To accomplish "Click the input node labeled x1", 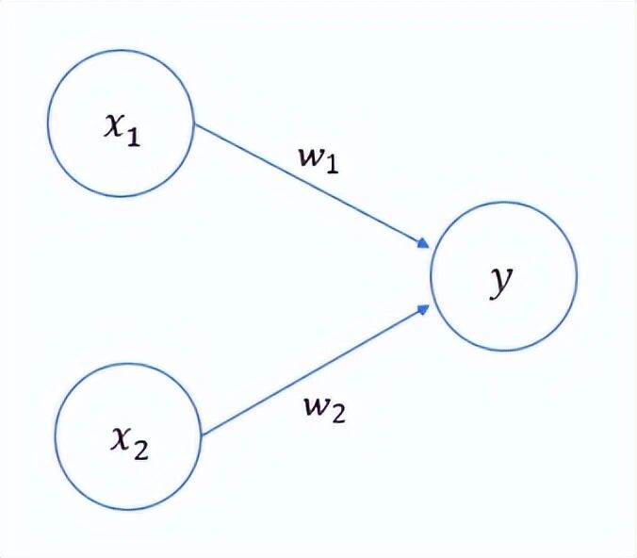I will click(121, 123).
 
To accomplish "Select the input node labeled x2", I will click(129, 435).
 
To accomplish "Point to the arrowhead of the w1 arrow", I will click(425, 245).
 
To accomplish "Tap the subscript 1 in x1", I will click(133, 138).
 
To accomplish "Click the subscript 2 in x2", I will click(140, 450).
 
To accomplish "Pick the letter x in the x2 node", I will click(121, 440).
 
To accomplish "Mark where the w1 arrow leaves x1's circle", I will click(193, 123).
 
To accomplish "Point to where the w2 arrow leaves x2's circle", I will click(201, 435).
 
